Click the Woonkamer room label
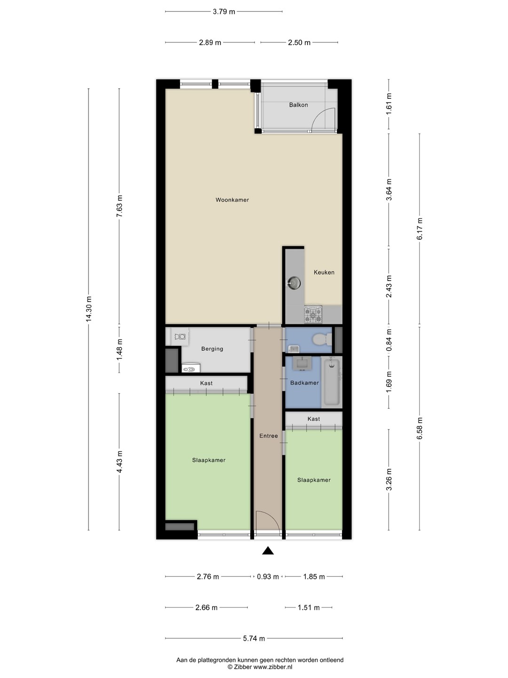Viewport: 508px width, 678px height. (x=232, y=200)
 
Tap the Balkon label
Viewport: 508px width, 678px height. (x=298, y=105)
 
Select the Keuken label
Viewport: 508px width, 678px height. (x=324, y=272)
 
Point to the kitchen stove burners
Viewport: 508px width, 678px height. (x=313, y=315)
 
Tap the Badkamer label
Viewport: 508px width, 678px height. (x=304, y=383)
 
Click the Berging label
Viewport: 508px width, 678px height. (x=212, y=349)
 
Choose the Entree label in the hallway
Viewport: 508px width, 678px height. (x=268, y=436)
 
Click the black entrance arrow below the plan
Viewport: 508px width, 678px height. (x=268, y=550)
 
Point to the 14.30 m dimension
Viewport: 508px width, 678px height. (x=88, y=308)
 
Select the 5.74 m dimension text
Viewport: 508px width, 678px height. (x=254, y=638)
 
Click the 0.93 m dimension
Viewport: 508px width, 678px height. (x=268, y=577)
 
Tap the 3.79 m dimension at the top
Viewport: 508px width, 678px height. (x=224, y=12)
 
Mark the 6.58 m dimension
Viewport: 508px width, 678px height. (x=420, y=428)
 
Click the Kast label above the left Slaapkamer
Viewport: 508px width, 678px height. (x=206, y=383)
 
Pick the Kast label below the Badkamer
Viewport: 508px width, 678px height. (x=313, y=419)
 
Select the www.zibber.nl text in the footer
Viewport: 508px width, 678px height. (x=273, y=667)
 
